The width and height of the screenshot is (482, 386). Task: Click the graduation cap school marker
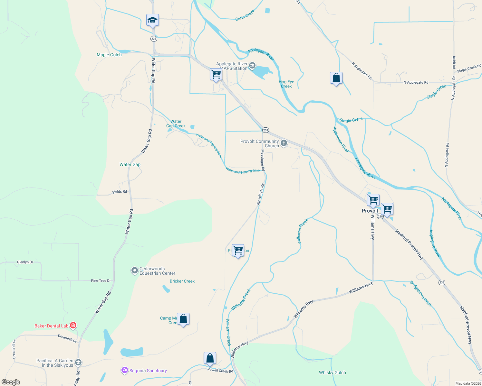click(152, 21)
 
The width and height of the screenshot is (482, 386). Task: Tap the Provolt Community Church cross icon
click(284, 143)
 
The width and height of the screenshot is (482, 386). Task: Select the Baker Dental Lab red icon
click(73, 326)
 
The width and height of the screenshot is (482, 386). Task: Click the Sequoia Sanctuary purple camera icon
click(124, 371)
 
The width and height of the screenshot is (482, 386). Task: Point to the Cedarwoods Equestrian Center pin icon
click(134, 271)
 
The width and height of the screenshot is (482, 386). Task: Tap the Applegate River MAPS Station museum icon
click(252, 66)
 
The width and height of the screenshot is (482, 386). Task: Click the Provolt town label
click(370, 211)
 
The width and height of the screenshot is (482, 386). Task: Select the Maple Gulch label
click(109, 55)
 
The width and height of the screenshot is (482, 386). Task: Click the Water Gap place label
click(130, 165)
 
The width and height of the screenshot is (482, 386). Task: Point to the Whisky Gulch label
click(332, 373)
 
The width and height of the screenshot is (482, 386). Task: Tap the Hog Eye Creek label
click(286, 84)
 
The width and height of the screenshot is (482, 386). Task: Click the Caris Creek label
click(245, 15)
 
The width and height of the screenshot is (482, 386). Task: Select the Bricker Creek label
click(182, 281)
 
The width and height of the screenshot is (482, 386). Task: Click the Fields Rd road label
click(120, 192)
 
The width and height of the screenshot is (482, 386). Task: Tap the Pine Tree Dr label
click(101, 281)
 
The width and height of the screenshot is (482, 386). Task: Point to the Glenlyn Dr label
click(25, 262)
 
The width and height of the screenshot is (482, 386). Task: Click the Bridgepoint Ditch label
click(421, 294)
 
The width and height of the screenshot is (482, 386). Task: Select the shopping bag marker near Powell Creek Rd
click(210, 358)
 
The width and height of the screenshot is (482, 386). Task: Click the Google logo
click(11, 382)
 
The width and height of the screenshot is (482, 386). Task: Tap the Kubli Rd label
click(454, 62)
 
